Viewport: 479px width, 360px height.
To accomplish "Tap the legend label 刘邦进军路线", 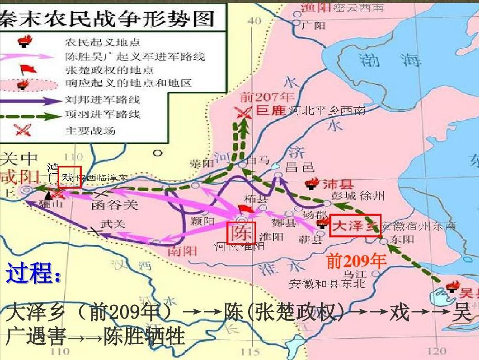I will (102, 99).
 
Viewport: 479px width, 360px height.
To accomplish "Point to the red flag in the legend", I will (24, 70).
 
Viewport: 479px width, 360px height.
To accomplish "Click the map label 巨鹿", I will (271, 110).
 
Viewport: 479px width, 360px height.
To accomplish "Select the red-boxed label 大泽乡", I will (354, 226).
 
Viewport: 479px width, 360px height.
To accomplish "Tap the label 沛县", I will (338, 184).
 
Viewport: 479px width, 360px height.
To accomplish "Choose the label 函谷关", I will (115, 204).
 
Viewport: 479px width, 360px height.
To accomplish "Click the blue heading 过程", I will (33, 274).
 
